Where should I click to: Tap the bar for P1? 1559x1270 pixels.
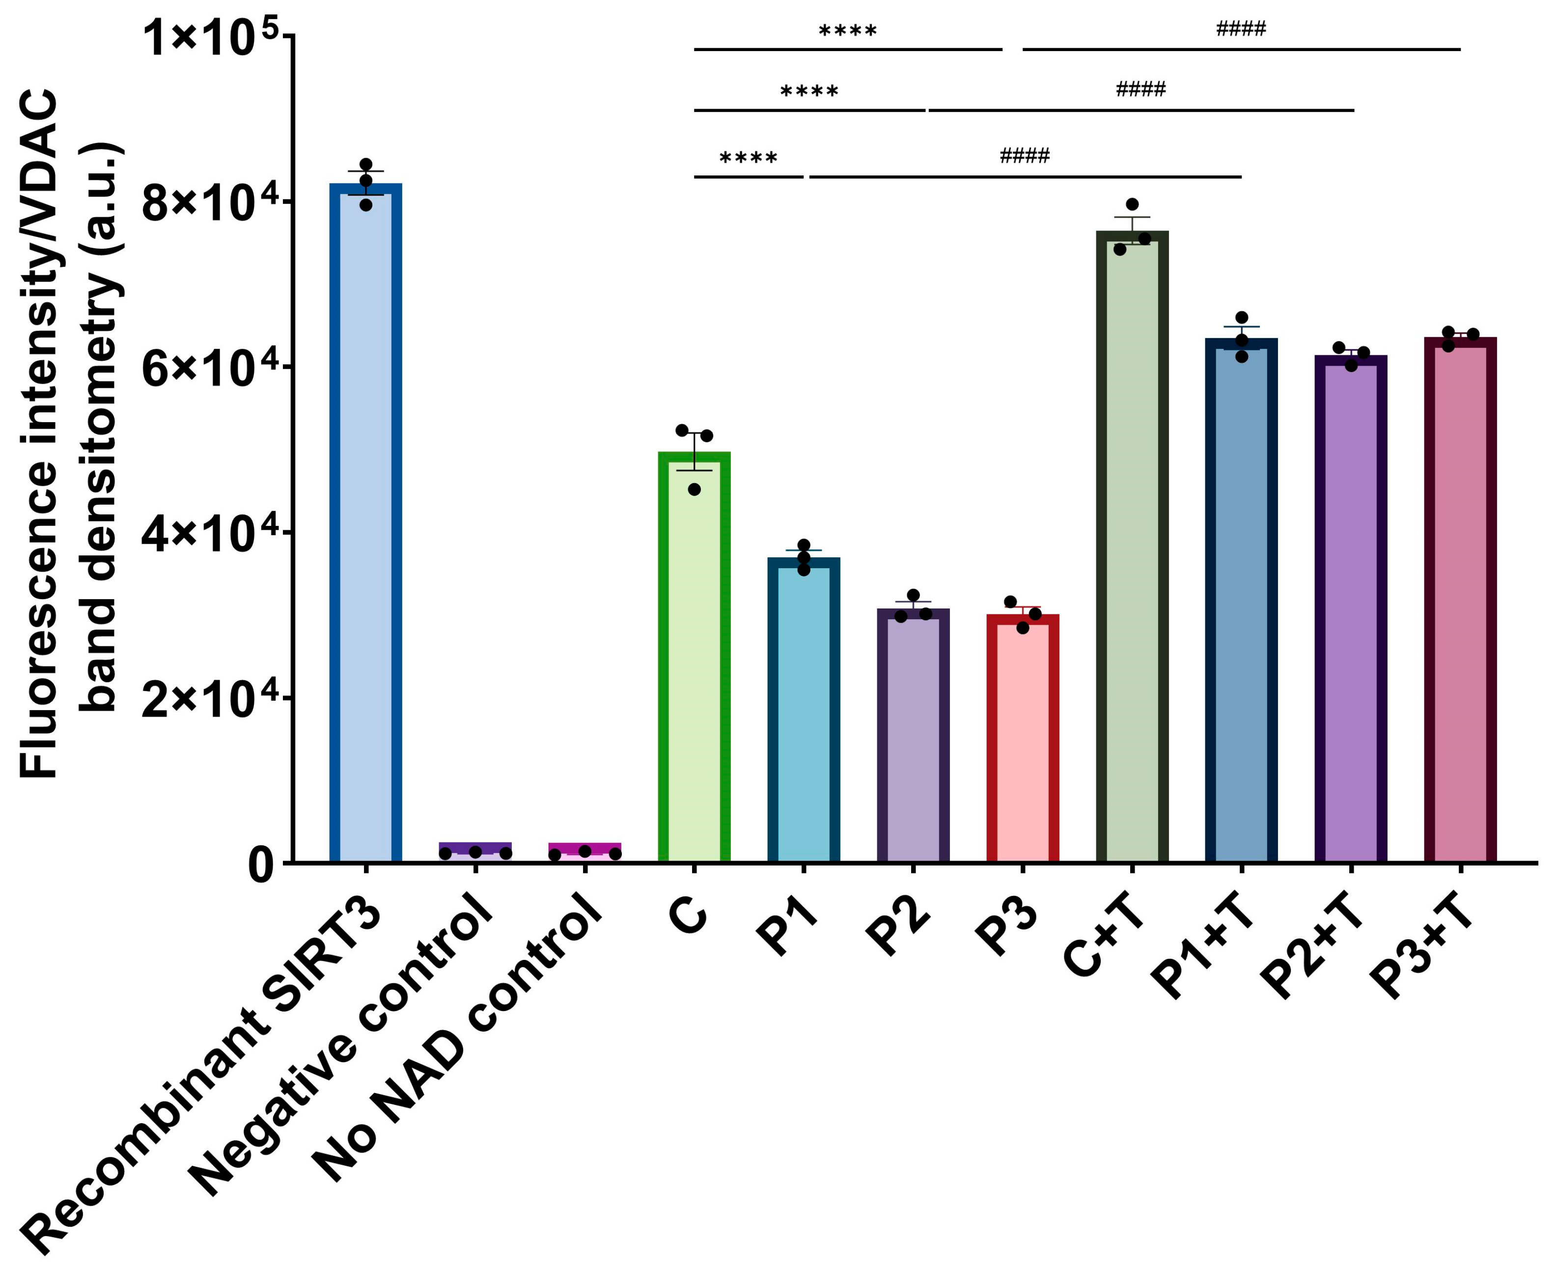pyautogui.click(x=803, y=710)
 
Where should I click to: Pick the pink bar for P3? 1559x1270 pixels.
pyautogui.click(x=1022, y=738)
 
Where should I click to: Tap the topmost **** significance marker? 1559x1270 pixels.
pyautogui.click(x=847, y=31)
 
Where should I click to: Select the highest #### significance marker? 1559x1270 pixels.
pyautogui.click(x=1240, y=29)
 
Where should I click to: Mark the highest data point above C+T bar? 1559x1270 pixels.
pyautogui.click(x=1132, y=204)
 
